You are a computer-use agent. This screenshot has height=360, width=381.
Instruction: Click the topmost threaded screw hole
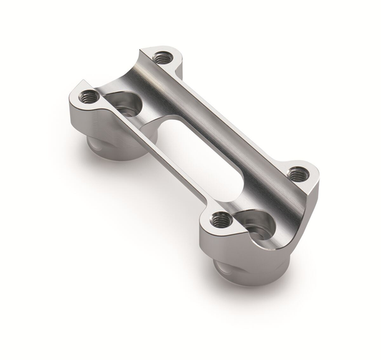pyautogui.click(x=164, y=57)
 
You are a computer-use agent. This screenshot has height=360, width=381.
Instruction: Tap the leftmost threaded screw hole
pyautogui.click(x=89, y=96)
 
